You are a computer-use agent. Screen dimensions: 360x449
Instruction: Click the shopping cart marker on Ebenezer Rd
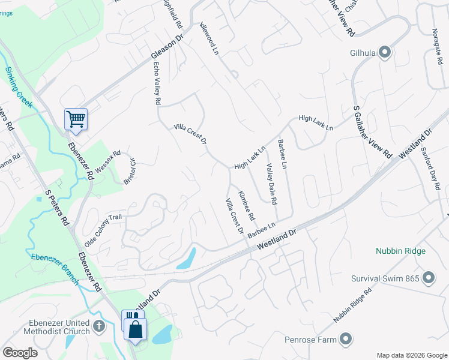pyautogui.click(x=76, y=119)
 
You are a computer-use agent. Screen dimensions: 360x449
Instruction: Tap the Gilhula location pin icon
pyautogui.click(x=385, y=53)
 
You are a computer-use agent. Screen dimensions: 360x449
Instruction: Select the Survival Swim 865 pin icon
pyautogui.click(x=429, y=278)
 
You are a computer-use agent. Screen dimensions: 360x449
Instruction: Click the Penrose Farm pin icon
pyautogui.click(x=345, y=340)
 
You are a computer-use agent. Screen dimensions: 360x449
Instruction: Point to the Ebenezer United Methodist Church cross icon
pyautogui.click(x=98, y=326)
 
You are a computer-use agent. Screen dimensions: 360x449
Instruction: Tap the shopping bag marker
pyautogui.click(x=136, y=329)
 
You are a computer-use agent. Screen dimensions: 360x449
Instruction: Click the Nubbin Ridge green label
pyautogui.click(x=401, y=251)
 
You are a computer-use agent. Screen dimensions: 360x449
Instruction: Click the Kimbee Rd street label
pyautogui.click(x=247, y=205)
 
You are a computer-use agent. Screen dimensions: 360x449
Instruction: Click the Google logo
pyautogui.click(x=20, y=353)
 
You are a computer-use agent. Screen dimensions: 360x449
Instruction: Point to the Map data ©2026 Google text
pyautogui.click(x=411, y=355)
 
